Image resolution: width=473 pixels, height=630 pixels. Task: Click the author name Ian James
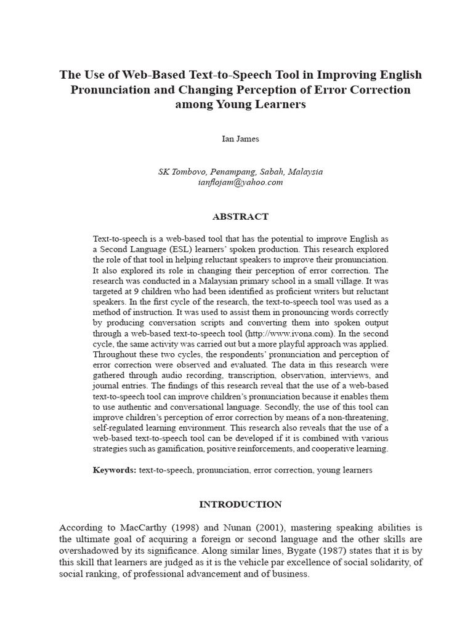240,138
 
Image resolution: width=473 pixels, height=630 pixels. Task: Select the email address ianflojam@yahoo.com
240,182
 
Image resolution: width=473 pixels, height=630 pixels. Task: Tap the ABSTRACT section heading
240,217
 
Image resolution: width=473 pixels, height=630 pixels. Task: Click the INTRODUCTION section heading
240,504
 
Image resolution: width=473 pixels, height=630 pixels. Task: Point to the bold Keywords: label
115,470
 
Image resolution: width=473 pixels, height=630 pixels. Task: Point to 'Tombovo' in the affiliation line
189,172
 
